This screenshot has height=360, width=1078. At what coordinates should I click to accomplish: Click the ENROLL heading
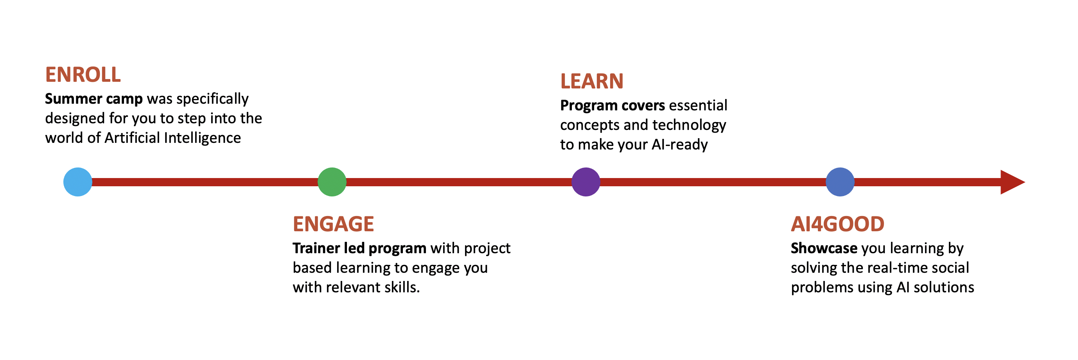coord(83,75)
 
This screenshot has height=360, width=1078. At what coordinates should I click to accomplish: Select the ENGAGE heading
coord(333,224)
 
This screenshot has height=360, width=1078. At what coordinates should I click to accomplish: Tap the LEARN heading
coord(592,81)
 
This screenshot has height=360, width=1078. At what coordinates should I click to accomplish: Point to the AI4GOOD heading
coord(837,224)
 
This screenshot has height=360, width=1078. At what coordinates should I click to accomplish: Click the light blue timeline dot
coord(78,182)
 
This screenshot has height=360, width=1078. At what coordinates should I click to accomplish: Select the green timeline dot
coord(332,182)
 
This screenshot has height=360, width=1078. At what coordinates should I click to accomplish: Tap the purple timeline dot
coord(586,182)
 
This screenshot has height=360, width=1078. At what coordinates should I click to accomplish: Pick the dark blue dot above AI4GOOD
coord(840,182)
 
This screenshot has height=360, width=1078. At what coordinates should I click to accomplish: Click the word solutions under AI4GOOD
coord(944,287)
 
